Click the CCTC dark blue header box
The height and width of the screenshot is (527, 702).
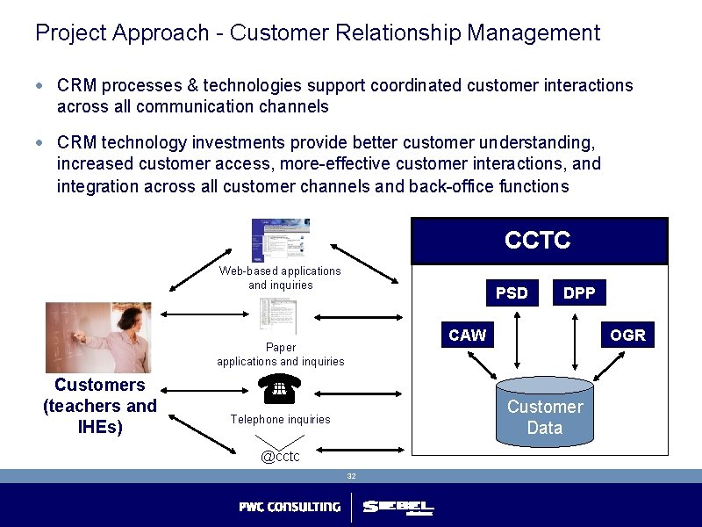pos(539,241)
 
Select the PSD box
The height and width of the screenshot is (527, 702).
pos(512,293)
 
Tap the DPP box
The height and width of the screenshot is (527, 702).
pos(579,293)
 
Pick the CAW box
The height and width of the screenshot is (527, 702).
pos(467,335)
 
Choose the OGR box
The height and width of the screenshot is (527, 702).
pos(627,335)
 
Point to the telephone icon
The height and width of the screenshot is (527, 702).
pos(281,387)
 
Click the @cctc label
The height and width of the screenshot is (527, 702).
pos(280,456)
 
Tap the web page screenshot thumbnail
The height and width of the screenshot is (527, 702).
pos(280,239)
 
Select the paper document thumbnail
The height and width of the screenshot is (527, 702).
pos(279,316)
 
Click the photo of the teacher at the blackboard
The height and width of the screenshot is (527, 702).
pos(98,337)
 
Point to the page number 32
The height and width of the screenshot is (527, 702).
pos(351,476)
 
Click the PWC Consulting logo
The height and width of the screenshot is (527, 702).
pos(290,507)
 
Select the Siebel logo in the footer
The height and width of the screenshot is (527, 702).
pos(398,508)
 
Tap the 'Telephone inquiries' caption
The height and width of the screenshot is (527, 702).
pos(281,420)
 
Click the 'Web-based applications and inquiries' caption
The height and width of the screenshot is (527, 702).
pos(281,278)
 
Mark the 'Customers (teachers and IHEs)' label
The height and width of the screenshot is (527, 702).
pos(99,406)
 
